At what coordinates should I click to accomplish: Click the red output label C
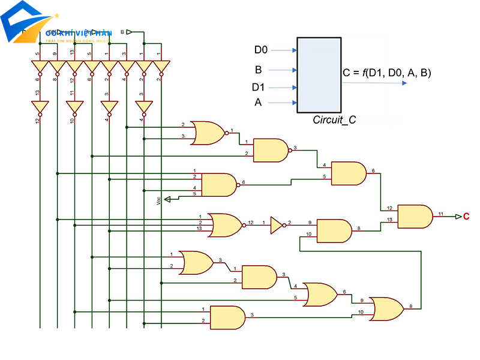coord(466,216)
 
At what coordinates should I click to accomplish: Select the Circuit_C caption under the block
coord(334,119)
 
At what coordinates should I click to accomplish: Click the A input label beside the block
coord(258,103)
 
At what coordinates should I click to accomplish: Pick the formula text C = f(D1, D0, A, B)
coord(387,73)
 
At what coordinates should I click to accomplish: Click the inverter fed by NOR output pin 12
coord(276,225)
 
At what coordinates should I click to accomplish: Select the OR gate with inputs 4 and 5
coord(321,294)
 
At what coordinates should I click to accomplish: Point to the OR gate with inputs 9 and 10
coord(388,308)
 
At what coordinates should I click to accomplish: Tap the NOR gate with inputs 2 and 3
coord(207,133)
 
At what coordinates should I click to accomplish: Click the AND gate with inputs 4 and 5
coord(349,173)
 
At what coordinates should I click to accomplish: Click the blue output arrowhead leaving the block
coord(404,83)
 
